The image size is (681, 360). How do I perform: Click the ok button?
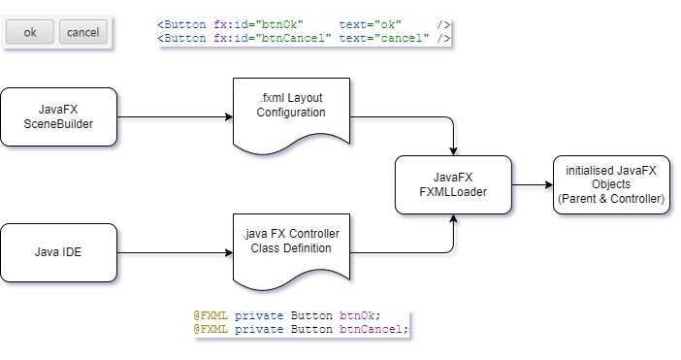coord(30,32)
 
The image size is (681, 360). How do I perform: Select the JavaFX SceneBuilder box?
coord(59,117)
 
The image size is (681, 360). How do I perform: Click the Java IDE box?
coord(59,253)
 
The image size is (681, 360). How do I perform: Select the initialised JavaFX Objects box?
coord(610,184)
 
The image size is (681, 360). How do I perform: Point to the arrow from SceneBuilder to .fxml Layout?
coord(175,117)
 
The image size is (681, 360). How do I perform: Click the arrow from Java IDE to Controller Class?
coord(175,253)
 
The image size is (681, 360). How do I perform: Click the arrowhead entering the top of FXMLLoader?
coord(453,149)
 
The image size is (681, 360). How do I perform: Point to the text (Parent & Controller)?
coord(610,198)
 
